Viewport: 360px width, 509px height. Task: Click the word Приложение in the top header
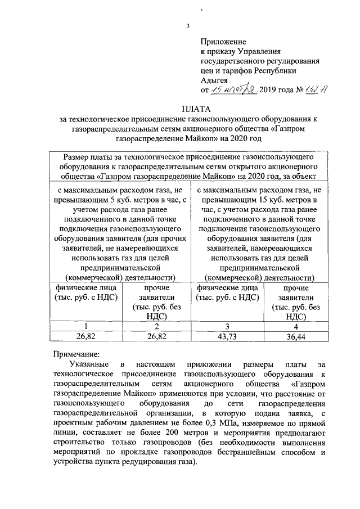click(x=224, y=42)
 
